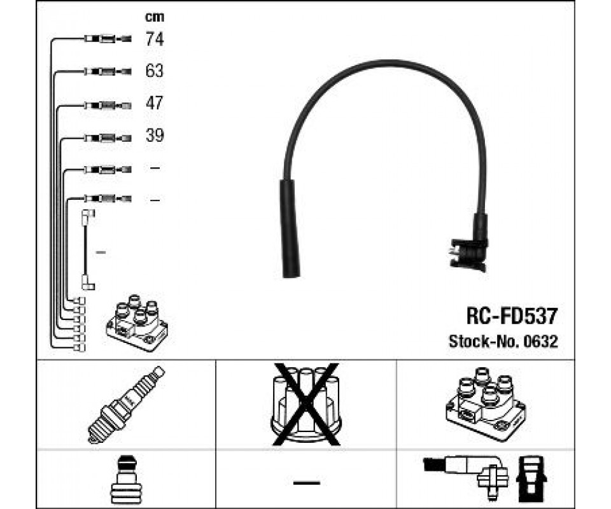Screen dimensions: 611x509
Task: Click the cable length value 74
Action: pos(155,39)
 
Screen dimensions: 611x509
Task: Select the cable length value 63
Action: pos(154,71)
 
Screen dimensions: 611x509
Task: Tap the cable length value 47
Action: pos(154,103)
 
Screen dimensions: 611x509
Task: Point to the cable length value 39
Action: pos(155,135)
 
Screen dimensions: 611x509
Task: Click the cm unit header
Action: pos(155,17)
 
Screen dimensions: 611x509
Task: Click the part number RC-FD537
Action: pos(512,316)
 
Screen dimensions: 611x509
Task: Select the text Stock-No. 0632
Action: pos(503,342)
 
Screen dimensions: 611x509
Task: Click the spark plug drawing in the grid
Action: pos(126,405)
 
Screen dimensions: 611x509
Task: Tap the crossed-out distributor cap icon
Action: pos(306,404)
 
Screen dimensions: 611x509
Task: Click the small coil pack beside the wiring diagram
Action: pos(137,323)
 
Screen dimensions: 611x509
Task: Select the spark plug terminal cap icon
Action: pos(125,480)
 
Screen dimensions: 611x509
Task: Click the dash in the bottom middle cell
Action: pos(307,483)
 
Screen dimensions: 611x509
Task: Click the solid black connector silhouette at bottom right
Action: pos(531,479)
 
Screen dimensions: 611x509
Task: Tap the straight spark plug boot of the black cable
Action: pos(290,228)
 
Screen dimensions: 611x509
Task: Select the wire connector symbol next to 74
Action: pos(108,39)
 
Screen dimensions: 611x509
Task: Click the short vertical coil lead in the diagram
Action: pos(87,251)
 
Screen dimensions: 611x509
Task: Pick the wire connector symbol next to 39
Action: pos(108,138)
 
